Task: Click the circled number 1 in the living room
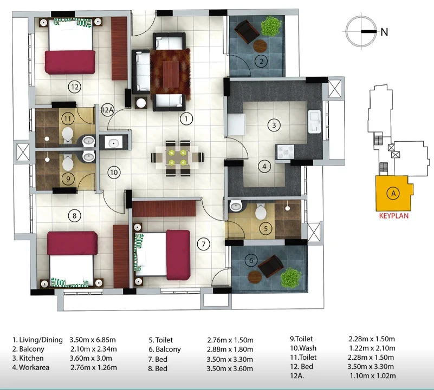[186, 119]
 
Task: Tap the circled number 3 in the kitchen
[274, 125]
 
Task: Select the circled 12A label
[107, 110]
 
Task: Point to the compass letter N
[384, 32]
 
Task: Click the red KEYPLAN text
[393, 216]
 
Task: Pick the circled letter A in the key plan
[393, 193]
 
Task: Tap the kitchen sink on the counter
[314, 121]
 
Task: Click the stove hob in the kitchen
[285, 152]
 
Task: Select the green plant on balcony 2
[271, 26]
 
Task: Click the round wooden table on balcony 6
[255, 276]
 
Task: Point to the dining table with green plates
[177, 157]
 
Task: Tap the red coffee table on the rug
[171, 74]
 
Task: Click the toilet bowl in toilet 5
[261, 211]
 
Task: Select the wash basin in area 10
[113, 143]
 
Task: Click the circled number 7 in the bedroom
[203, 244]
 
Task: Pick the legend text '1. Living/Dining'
[37, 340]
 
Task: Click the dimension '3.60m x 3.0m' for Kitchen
[91, 358]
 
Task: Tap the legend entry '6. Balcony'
[165, 349]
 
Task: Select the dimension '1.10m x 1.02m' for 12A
[373, 376]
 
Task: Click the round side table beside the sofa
[141, 103]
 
